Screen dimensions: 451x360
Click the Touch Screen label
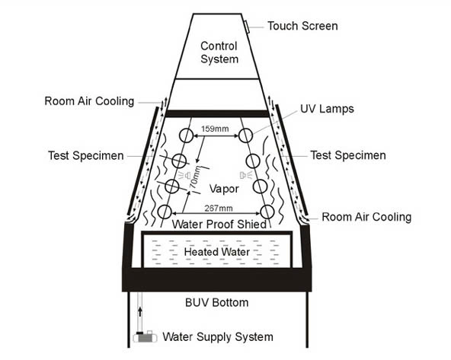[302, 26]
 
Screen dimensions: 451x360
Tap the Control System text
[219, 53]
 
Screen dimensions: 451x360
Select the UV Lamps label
[327, 109]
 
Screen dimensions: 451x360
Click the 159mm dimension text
[215, 129]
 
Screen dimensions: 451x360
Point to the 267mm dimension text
[219, 208]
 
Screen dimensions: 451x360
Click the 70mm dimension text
[195, 177]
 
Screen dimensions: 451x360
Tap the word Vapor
[224, 189]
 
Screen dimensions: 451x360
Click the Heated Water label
[217, 252]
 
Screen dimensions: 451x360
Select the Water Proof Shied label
[219, 224]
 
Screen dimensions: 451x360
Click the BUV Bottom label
[216, 303]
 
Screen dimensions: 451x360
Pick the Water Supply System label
[218, 336]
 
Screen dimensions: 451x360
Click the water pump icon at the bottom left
[146, 336]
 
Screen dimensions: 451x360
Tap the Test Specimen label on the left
[86, 155]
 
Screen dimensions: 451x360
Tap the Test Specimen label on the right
[348, 155]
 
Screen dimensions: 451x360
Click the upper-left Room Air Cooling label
[89, 101]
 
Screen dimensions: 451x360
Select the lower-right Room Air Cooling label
[366, 217]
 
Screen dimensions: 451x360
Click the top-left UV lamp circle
[187, 135]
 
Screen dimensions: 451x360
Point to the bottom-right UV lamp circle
[267, 212]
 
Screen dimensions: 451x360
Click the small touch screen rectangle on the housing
[247, 27]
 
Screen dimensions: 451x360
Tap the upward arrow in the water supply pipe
[140, 312]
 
